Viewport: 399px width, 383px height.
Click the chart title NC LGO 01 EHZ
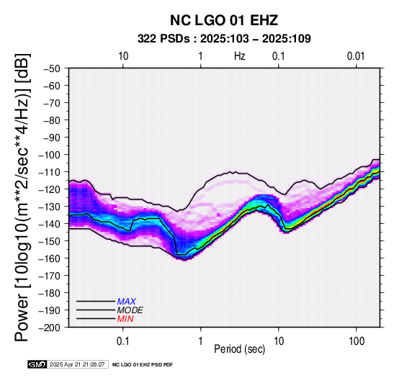click(x=224, y=20)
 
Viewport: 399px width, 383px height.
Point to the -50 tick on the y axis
click(x=52, y=68)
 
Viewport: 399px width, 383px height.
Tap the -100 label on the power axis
click(x=50, y=155)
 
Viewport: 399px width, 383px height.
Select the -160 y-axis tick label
click(x=50, y=258)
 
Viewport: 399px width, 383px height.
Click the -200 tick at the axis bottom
click(x=50, y=328)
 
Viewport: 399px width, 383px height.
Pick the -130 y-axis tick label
click(x=50, y=207)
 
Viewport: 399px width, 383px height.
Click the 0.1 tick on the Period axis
click(x=123, y=341)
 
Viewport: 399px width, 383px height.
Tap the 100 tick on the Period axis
click(x=357, y=341)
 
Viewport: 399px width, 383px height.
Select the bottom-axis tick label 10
click(x=279, y=341)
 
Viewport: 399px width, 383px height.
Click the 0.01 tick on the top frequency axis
click(x=356, y=56)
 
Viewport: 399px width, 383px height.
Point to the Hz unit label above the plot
click(x=239, y=56)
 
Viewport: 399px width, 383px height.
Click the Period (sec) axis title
click(x=239, y=349)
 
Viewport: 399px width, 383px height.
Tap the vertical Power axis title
click(x=22, y=197)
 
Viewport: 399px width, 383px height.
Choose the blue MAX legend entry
click(x=127, y=302)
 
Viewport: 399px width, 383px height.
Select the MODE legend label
click(x=130, y=310)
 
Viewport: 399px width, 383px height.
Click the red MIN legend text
click(x=125, y=319)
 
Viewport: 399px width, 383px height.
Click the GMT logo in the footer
click(x=37, y=364)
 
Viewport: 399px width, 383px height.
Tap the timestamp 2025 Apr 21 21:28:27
click(x=77, y=364)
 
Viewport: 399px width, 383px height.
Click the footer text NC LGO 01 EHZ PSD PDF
click(x=143, y=365)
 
